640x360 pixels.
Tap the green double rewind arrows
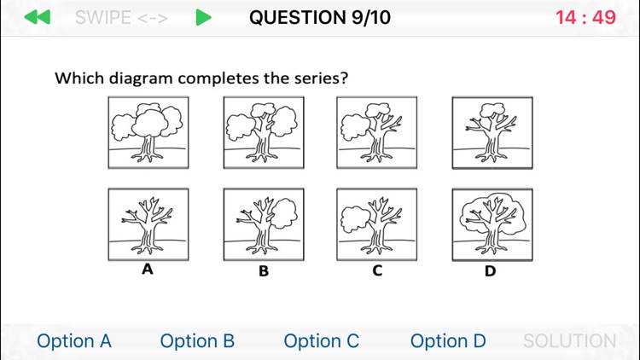pos(37,17)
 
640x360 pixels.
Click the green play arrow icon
pos(202,17)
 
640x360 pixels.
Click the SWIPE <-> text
pos(120,17)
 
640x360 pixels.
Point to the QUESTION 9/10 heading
pos(320,17)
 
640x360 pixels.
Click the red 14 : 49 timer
pos(585,17)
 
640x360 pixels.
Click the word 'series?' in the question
pos(321,78)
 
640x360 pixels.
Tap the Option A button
pos(74,341)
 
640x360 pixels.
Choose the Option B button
pos(197,341)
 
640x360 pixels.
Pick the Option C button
pos(322,341)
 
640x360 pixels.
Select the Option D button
pos(448,341)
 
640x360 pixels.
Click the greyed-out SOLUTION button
pos(569,341)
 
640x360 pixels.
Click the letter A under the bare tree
pos(148,270)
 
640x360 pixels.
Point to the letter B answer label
pos(264,271)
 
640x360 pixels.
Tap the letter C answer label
pos(377,270)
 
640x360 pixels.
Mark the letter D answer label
pos(491,271)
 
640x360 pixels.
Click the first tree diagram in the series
pos(148,132)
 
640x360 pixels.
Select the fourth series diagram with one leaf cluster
pos(492,132)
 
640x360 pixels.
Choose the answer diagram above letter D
pos(492,224)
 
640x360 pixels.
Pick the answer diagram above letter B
pos(264,224)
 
